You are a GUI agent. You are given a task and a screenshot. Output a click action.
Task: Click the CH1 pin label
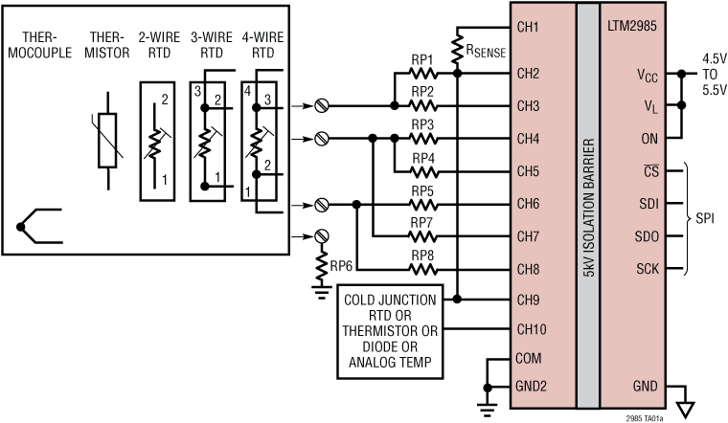[x=528, y=27]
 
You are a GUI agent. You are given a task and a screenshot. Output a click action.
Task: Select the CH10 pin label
[x=532, y=330]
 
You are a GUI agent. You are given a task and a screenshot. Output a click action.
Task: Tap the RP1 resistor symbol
[x=422, y=72]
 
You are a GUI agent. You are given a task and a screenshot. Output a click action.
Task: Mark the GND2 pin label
[x=532, y=388]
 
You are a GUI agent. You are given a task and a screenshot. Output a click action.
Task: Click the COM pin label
[x=529, y=360]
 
